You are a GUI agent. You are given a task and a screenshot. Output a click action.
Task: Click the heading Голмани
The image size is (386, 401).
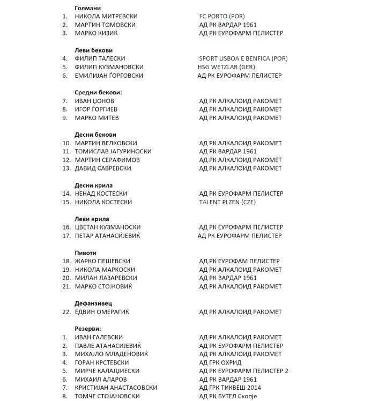point(87,8)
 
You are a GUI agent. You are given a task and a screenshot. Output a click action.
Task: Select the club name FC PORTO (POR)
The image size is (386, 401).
point(222,17)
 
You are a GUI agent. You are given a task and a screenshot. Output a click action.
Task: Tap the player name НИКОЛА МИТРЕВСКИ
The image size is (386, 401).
point(105,17)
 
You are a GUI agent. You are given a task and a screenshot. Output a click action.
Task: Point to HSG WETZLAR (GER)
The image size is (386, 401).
point(226,67)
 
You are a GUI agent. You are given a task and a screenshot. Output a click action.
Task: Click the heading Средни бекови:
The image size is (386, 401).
point(98,92)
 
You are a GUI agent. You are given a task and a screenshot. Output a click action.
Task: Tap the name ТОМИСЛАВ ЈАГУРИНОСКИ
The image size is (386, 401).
point(113,151)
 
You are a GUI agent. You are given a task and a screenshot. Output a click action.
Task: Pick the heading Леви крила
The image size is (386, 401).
point(92,219)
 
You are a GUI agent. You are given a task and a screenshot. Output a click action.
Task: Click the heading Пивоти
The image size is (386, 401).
point(85,253)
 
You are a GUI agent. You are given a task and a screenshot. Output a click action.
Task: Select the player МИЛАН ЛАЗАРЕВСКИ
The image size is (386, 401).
point(106,278)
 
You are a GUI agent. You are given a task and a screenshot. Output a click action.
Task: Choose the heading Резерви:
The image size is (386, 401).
point(88,329)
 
